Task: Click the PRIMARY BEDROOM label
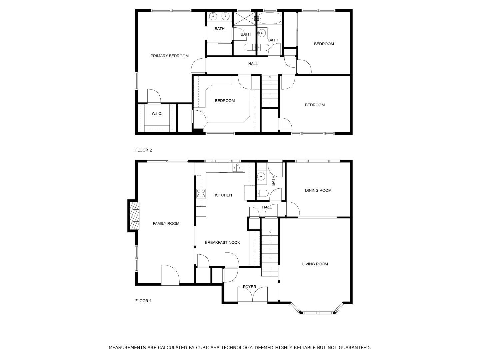(169, 56)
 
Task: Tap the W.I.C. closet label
(157, 114)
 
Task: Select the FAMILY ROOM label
(166, 224)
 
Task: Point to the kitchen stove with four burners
(201, 193)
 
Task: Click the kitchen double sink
(238, 168)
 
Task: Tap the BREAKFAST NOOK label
(222, 243)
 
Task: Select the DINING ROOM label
(318, 191)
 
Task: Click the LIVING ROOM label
(315, 264)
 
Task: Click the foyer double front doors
(252, 295)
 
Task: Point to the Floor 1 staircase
(269, 253)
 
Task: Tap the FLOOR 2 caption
(143, 150)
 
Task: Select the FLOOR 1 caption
(143, 301)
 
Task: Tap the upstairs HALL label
(253, 64)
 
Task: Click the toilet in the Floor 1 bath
(262, 193)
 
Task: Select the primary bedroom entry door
(199, 66)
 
